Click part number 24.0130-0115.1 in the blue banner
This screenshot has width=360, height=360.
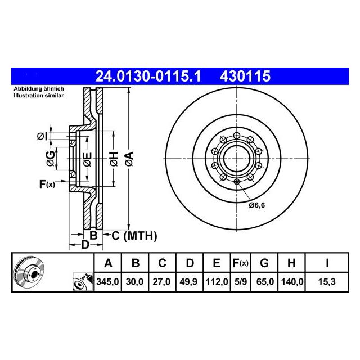[x=148, y=76]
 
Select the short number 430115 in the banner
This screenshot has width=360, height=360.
[x=245, y=76]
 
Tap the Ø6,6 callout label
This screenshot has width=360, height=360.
[x=257, y=205]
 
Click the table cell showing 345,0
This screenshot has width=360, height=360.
[x=107, y=281]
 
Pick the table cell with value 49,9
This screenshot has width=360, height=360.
[x=188, y=281]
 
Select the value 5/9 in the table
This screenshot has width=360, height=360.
[x=241, y=281]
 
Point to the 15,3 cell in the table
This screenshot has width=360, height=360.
[x=327, y=281]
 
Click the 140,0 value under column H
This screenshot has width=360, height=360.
[x=291, y=281]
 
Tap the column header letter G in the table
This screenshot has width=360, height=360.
[x=264, y=263]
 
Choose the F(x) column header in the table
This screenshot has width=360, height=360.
[x=240, y=263]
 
